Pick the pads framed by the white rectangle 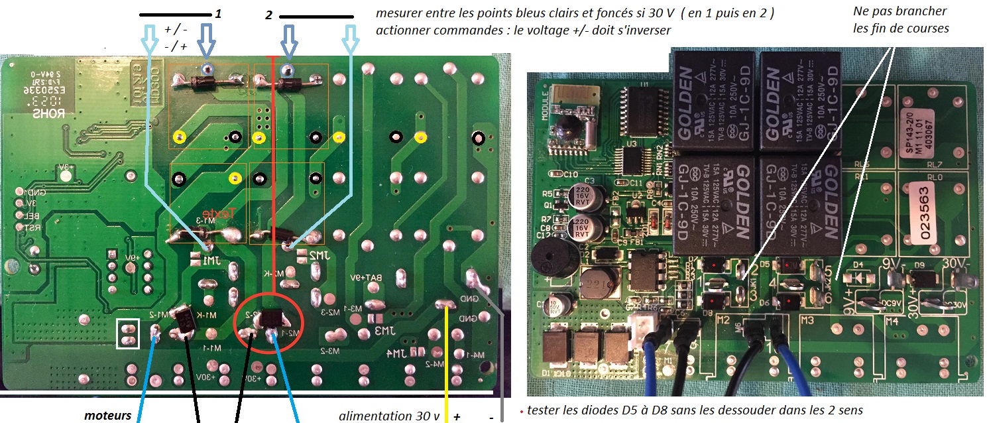[x=128, y=333]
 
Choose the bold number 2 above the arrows [x=269, y=15]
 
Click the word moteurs [x=107, y=416]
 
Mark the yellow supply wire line [x=446, y=365]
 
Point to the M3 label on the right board [x=807, y=321]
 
